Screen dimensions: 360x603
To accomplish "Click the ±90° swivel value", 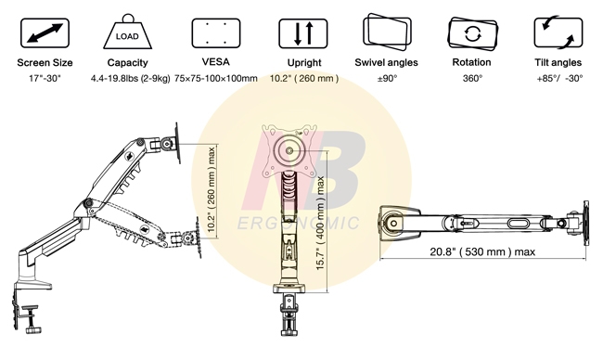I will [x=387, y=79].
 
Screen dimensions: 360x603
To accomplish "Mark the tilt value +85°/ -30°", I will [x=558, y=79].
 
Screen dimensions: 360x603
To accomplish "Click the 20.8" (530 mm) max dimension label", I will [x=482, y=251].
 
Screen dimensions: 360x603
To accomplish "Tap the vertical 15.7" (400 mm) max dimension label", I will [x=321, y=223].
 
